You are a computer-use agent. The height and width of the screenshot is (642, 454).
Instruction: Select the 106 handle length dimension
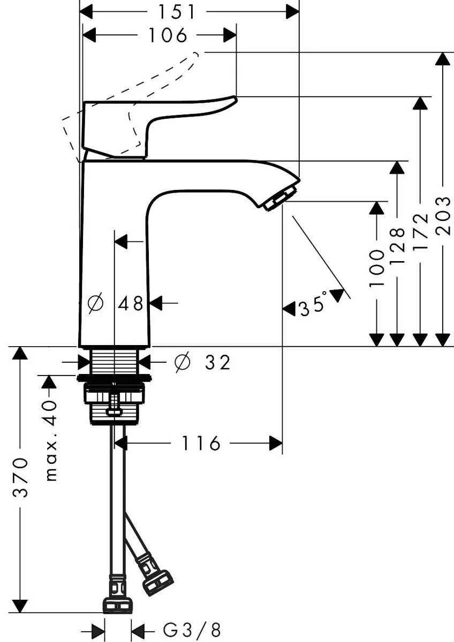tap(168, 36)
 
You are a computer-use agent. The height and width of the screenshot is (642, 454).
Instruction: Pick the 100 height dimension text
tap(377, 269)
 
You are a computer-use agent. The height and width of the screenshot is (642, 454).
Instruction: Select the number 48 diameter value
tap(131, 304)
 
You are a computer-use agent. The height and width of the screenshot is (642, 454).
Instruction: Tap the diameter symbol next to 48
tap(95, 304)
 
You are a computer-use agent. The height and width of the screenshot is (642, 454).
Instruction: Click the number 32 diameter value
tap(217, 363)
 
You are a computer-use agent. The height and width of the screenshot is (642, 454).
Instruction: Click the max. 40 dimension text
tap(50, 440)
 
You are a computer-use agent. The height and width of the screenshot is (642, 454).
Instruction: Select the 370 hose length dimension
tap(21, 478)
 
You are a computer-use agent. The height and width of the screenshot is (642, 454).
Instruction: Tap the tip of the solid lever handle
tap(233, 99)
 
